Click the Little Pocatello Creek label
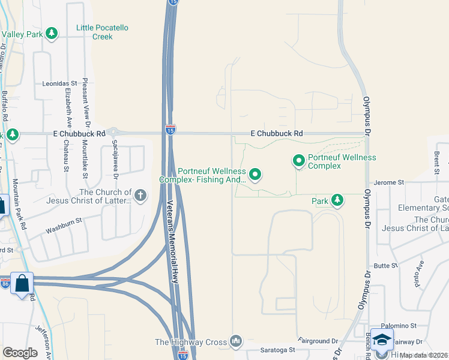click(x=103, y=32)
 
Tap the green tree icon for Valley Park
click(x=52, y=34)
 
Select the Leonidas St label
click(x=60, y=84)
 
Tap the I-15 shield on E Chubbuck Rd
click(x=170, y=129)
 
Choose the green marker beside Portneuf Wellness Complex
click(x=298, y=160)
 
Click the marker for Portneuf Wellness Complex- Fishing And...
click(x=255, y=175)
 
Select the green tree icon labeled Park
click(x=337, y=200)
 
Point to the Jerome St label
click(x=388, y=182)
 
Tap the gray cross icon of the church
click(x=140, y=194)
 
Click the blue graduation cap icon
click(x=382, y=340)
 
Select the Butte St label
click(x=386, y=265)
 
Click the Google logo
click(x=20, y=353)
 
